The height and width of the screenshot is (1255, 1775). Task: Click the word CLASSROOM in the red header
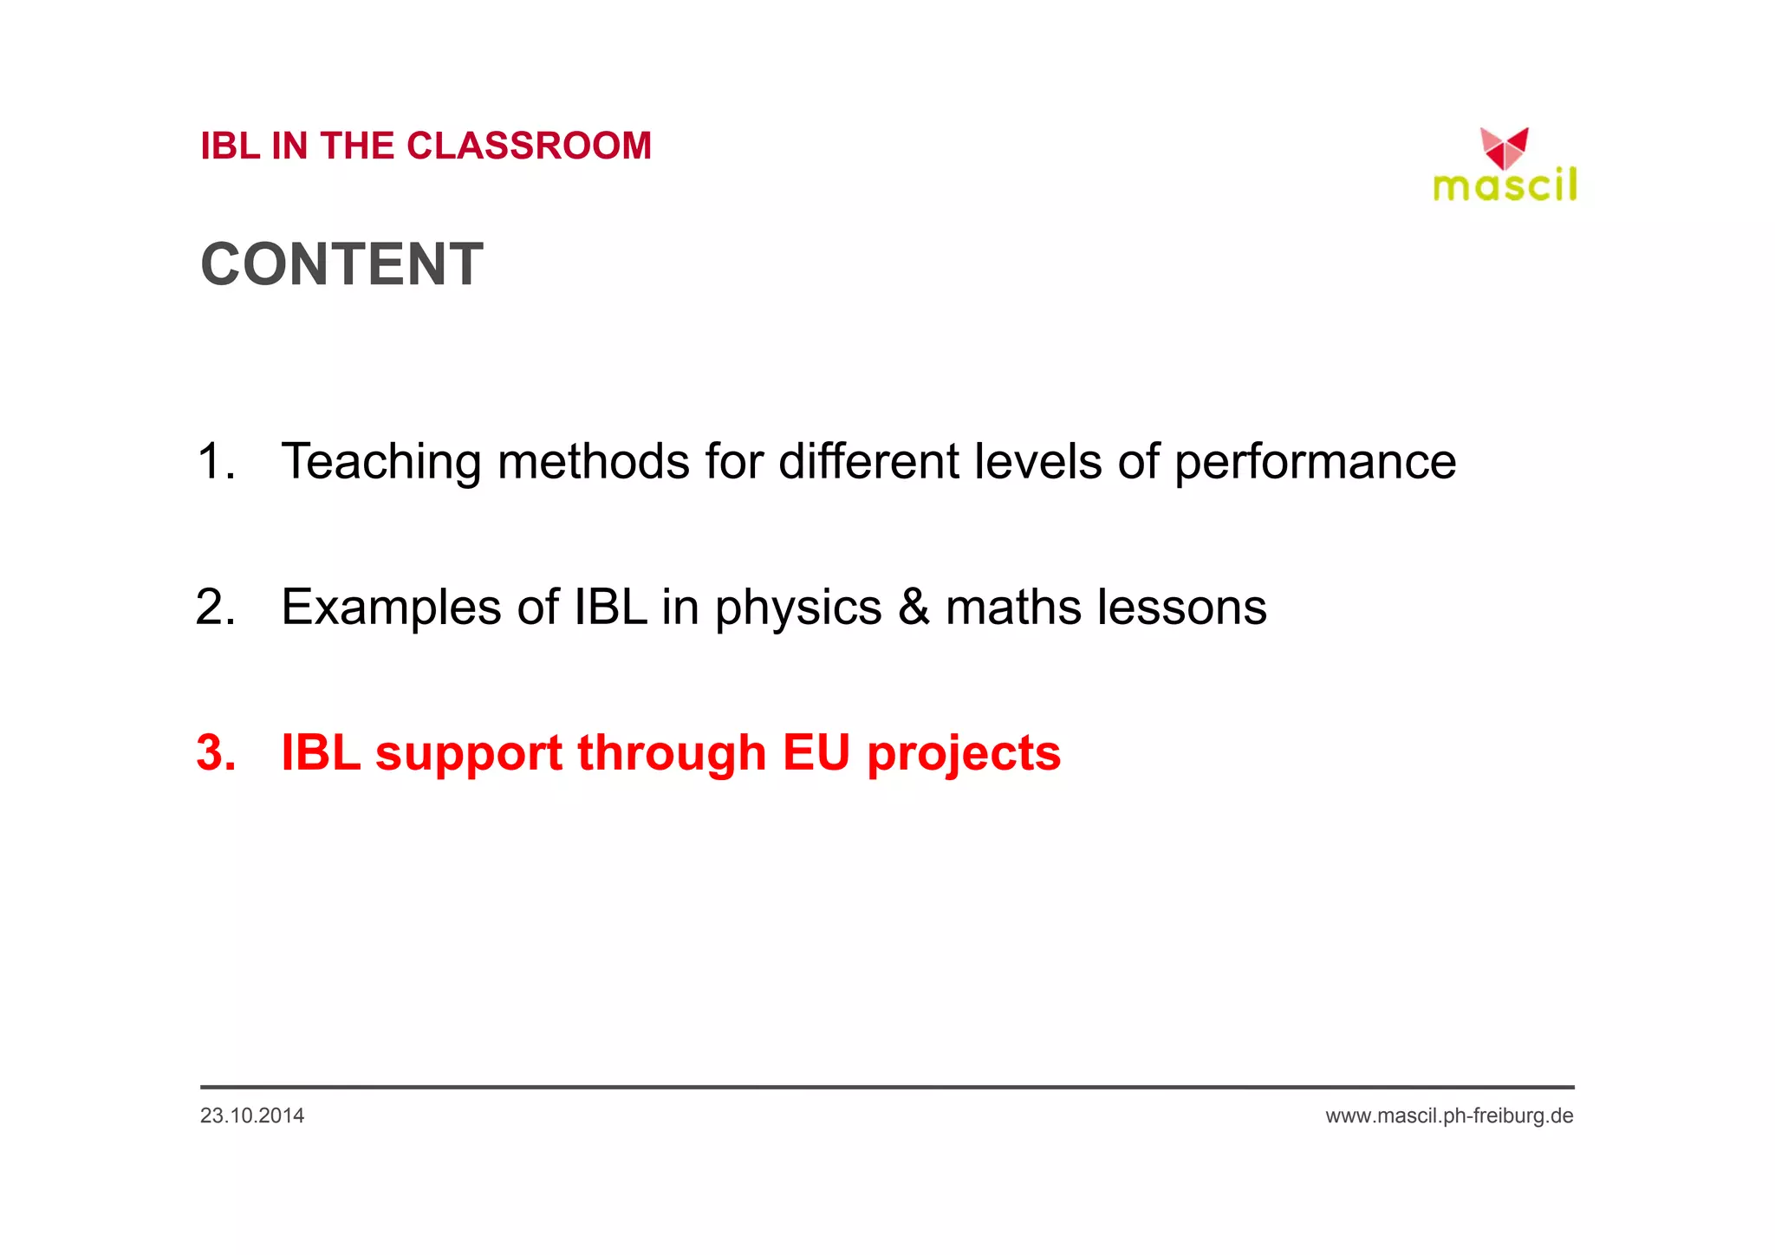click(529, 146)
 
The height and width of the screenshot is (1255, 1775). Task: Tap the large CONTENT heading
click(341, 264)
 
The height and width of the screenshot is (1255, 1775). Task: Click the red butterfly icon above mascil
click(1504, 148)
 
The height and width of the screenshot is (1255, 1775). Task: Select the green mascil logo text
click(1505, 185)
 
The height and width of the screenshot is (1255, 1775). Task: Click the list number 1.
click(215, 461)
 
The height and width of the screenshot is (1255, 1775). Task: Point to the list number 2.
click(215, 607)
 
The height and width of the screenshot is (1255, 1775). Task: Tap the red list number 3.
click(216, 752)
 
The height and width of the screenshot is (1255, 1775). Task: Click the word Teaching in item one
click(380, 461)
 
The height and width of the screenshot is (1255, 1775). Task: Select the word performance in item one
click(1315, 461)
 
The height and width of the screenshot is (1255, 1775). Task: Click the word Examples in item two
click(391, 607)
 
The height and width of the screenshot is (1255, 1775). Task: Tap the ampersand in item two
click(914, 607)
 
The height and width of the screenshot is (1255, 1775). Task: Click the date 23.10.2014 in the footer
click(252, 1115)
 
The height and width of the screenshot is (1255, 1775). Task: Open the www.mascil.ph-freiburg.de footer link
click(1449, 1115)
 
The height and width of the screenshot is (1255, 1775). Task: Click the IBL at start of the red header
click(230, 146)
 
